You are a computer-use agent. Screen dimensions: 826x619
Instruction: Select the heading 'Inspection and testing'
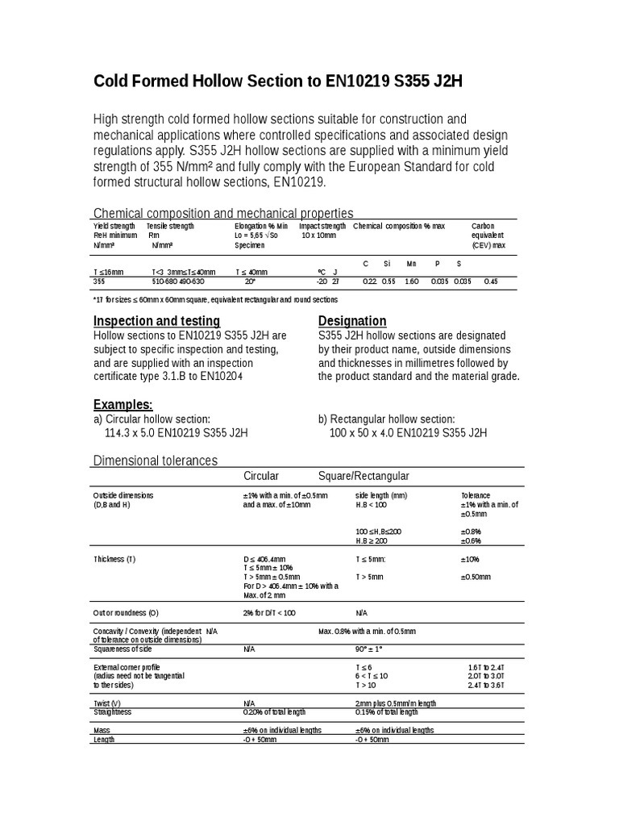point(156,320)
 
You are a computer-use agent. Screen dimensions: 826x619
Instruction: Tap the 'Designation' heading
point(352,320)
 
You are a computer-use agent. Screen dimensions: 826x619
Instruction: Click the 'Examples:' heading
point(123,404)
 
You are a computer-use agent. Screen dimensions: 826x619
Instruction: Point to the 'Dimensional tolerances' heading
point(156,461)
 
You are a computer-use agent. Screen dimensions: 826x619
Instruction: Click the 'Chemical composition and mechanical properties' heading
point(223,213)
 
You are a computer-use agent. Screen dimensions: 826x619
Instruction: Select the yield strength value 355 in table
point(99,282)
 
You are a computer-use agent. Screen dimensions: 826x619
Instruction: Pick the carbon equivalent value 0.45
point(490,282)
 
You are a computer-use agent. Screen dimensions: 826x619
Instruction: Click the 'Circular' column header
point(261,476)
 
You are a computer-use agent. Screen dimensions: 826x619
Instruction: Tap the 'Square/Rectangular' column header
point(364,476)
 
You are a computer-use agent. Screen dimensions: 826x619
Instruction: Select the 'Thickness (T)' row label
point(114,558)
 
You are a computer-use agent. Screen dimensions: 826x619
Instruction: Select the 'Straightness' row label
point(112,712)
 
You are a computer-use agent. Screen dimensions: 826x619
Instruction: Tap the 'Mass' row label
point(102,730)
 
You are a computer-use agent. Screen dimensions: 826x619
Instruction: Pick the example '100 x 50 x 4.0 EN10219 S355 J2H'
point(408,432)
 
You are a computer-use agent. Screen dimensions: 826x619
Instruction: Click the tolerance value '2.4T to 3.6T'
point(484,685)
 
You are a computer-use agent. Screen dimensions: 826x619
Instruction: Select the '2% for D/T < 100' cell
point(269,613)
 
